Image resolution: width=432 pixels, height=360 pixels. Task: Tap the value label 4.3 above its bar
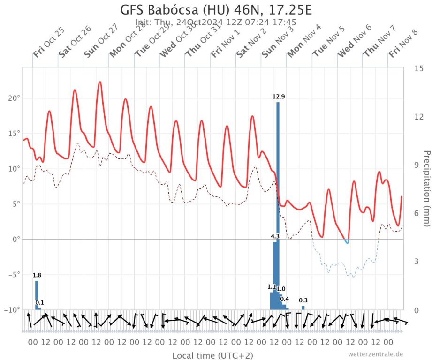pyautogui.click(x=275, y=237)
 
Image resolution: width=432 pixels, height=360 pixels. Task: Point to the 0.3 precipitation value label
pyautogui.click(x=303, y=300)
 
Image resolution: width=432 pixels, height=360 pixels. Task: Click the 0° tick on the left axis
pyautogui.click(x=15, y=240)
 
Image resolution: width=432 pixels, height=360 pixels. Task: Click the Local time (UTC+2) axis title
pyautogui.click(x=207, y=355)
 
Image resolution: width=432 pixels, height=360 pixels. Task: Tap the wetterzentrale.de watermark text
pyautogui.click(x=375, y=354)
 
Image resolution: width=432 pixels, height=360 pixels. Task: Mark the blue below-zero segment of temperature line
pyautogui.click(x=347, y=242)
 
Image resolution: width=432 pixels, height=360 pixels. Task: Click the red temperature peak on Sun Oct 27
pyautogui.click(x=99, y=82)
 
